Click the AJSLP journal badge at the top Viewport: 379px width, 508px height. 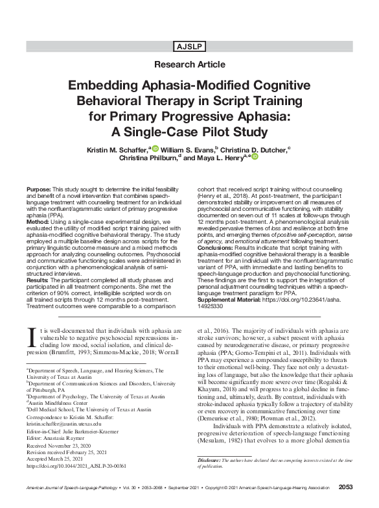pyautogui.click(x=189, y=47)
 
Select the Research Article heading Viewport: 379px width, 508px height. pyautogui.click(x=189, y=64)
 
